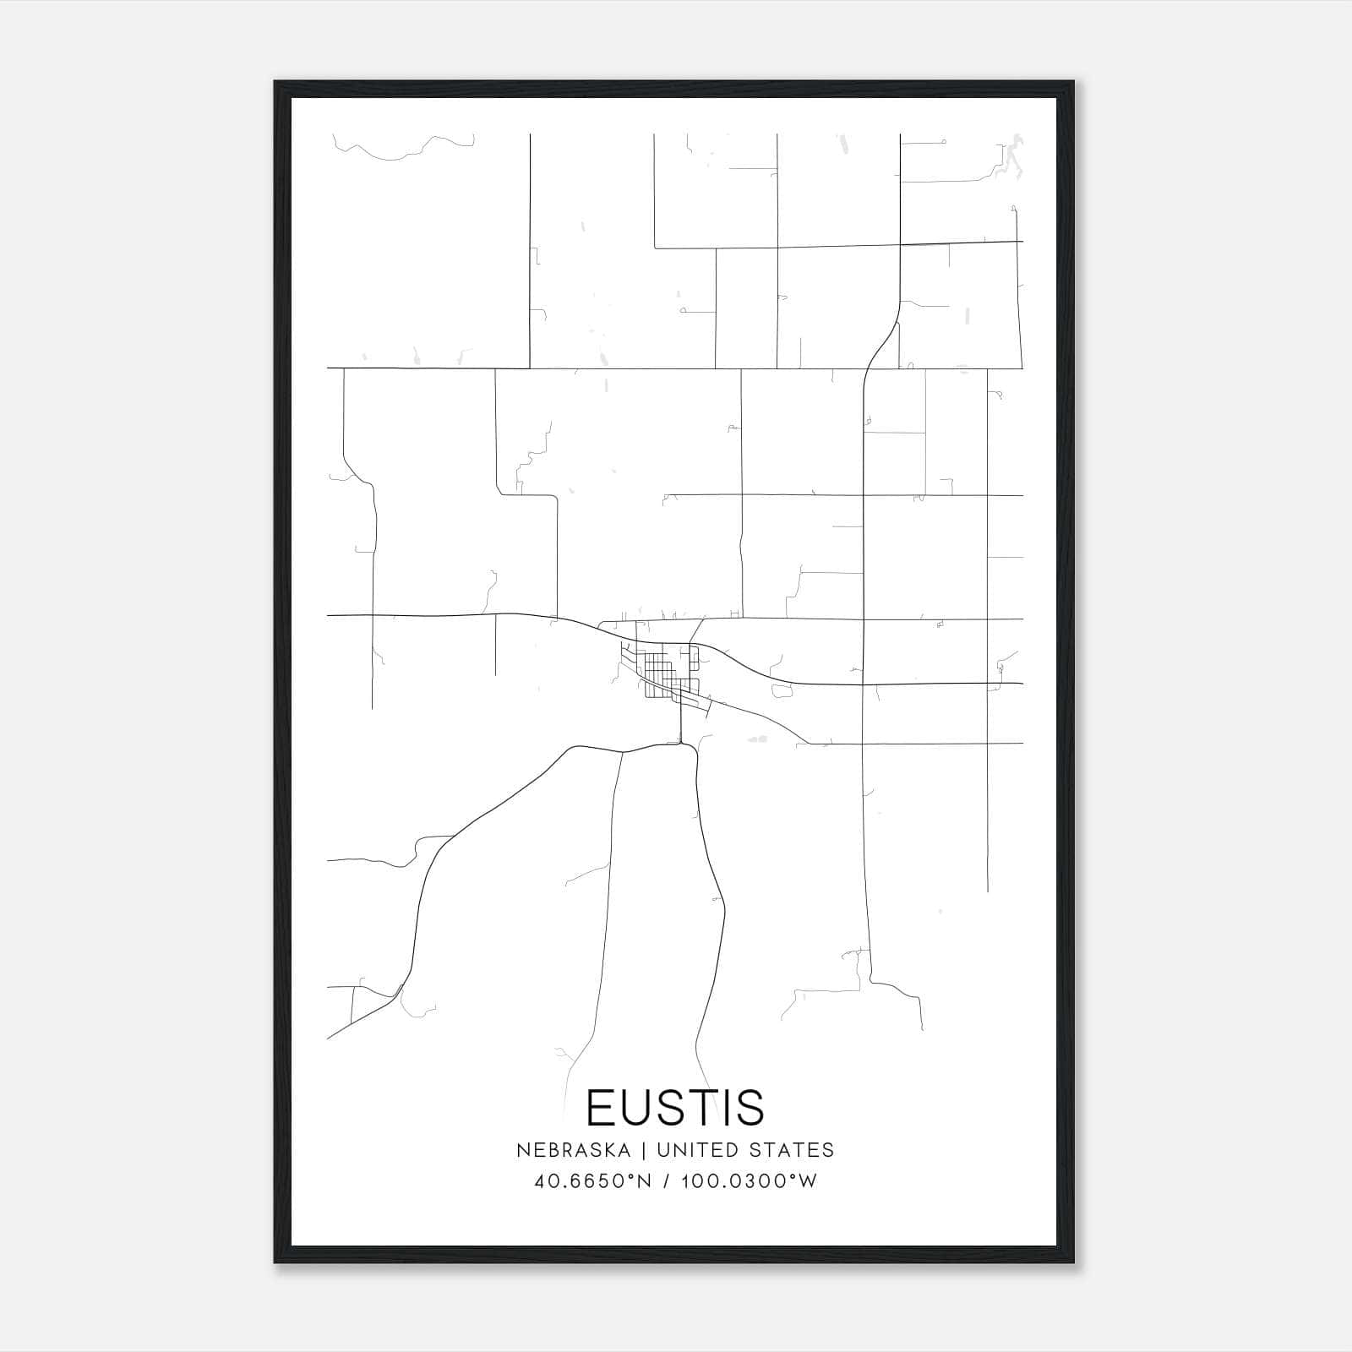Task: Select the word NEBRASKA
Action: click(573, 1150)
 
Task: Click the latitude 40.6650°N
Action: click(592, 1181)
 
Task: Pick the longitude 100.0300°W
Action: click(749, 1181)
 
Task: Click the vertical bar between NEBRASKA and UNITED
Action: click(644, 1150)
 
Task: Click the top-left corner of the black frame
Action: click(275, 83)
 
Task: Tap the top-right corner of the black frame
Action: click(1072, 83)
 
